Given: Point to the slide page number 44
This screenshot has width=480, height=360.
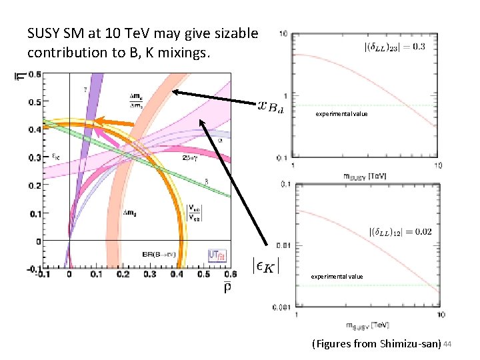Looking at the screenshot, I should (x=448, y=343).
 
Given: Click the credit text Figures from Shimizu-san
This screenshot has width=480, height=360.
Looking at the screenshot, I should (x=376, y=344).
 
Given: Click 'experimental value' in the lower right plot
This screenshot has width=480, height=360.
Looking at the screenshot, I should (x=337, y=276).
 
